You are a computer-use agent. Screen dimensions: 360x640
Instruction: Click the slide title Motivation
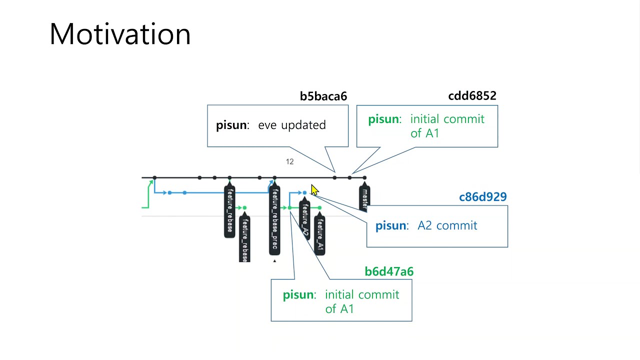[x=120, y=34]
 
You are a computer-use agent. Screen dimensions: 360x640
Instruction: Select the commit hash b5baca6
[x=323, y=96]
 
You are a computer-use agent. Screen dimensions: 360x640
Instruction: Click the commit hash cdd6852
[x=472, y=95]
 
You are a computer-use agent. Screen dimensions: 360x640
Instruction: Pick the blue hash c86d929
[x=482, y=197]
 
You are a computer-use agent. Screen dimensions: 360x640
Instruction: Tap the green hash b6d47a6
[x=389, y=271]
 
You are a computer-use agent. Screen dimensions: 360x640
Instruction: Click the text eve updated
[x=292, y=125]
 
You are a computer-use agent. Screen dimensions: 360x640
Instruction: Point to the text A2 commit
[x=447, y=225]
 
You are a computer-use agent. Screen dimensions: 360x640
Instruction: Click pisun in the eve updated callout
[x=232, y=125]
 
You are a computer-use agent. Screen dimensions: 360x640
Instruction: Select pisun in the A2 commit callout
[x=391, y=225]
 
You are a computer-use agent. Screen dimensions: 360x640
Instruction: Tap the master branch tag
[x=364, y=198]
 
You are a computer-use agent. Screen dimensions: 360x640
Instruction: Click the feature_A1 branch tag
[x=320, y=234]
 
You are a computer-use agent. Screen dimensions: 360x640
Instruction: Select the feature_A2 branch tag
[x=304, y=220]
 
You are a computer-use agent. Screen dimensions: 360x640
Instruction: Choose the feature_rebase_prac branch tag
[x=274, y=220]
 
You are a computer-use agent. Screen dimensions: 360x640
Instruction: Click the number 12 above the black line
[x=289, y=161]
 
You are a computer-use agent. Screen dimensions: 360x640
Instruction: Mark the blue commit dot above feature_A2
[x=304, y=192]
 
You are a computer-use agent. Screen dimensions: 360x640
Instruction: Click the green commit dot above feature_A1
[x=319, y=207]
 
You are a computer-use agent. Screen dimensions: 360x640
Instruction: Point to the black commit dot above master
[x=364, y=177]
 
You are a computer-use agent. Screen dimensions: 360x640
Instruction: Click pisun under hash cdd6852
[x=384, y=119]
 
